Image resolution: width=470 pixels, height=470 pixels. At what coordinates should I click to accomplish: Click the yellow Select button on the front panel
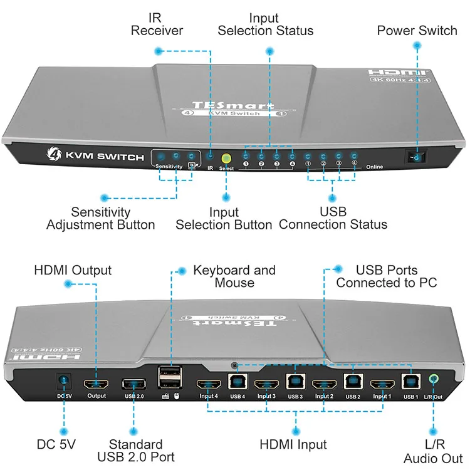227,159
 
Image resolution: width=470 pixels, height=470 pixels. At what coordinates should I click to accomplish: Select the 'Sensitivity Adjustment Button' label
100,218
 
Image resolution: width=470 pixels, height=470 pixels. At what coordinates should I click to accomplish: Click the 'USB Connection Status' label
333,218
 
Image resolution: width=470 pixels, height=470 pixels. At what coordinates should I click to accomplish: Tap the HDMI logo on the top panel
397,73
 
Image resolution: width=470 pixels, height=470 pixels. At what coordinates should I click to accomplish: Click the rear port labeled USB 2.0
133,384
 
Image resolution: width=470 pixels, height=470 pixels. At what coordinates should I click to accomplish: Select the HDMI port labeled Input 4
208,384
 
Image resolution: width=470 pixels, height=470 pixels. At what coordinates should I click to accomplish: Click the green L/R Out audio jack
434,379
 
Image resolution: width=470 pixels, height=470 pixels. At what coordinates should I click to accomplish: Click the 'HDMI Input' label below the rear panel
293,444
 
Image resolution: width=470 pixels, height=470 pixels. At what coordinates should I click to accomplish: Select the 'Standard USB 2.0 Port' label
136,451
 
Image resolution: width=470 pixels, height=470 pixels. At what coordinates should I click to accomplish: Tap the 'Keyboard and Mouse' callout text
234,276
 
